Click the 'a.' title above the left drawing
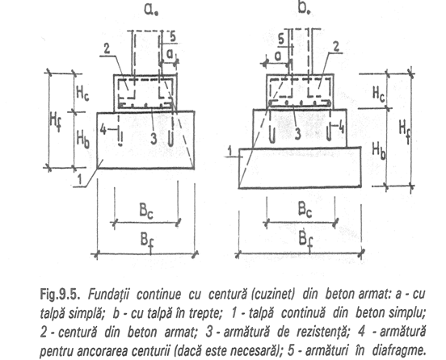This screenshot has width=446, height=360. point(151,9)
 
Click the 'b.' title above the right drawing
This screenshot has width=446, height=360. point(304,8)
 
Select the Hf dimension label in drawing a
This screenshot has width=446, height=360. point(56,122)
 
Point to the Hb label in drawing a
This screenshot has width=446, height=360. point(83,140)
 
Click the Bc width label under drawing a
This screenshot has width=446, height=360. point(146,211)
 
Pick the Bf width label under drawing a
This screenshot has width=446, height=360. point(147,243)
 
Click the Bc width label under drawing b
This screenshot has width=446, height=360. point(305,209)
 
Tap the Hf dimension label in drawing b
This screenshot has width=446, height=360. point(405,130)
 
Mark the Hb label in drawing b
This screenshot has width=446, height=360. point(379,151)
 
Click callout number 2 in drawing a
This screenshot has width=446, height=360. point(107,49)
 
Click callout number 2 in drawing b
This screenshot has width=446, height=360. point(336,47)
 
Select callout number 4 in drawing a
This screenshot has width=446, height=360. point(103,131)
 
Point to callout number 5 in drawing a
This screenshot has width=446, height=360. point(172,37)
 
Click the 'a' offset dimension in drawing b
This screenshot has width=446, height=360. point(277,57)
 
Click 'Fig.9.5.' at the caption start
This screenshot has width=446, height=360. point(59,295)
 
